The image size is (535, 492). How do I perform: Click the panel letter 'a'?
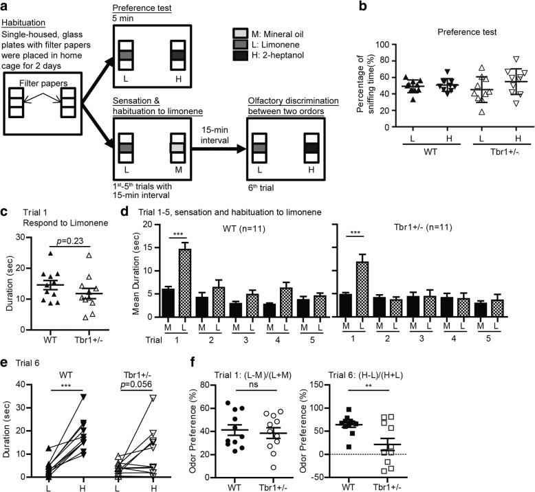[x=7, y=6]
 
